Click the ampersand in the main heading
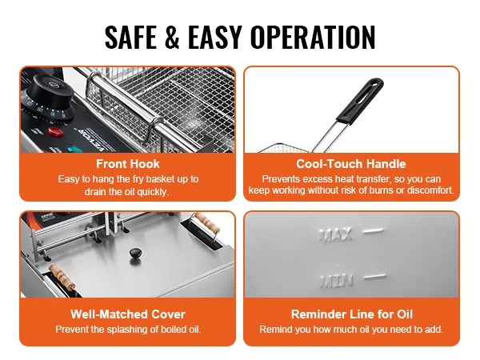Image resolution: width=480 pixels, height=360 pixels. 172,37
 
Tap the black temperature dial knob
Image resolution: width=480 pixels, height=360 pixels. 49,95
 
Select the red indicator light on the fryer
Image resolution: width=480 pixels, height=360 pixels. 55,132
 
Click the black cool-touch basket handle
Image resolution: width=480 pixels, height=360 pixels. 360,101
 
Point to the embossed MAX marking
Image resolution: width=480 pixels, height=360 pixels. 335,235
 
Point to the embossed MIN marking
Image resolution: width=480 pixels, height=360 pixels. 336,281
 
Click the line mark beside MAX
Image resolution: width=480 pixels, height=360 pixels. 373,231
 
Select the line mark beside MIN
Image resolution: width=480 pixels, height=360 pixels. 375,277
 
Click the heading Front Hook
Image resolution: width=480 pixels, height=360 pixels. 128,164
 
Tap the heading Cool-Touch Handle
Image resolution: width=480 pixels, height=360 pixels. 351,164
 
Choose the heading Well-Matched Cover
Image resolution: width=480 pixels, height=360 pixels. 128,314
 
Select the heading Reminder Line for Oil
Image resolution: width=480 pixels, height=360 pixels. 352,314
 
